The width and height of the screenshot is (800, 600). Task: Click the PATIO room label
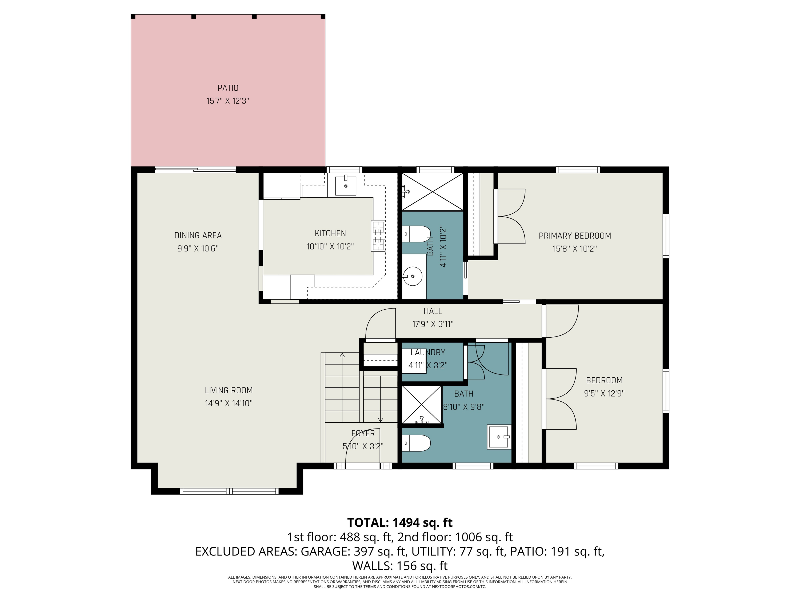click(228, 88)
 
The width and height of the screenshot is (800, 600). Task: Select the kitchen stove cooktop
click(378, 236)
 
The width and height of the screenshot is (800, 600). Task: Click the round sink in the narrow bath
click(413, 276)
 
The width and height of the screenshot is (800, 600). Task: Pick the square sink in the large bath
click(499, 437)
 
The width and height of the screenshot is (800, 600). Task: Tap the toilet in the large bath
click(416, 443)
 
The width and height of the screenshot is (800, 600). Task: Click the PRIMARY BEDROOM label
click(575, 236)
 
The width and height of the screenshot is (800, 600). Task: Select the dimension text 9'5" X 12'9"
click(604, 394)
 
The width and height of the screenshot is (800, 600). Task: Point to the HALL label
click(433, 311)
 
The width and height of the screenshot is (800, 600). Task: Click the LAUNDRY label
click(428, 352)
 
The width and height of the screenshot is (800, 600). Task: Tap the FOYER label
click(363, 433)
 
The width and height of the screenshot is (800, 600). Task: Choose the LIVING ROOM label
click(229, 390)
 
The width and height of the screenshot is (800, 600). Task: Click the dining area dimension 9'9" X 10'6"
click(198, 249)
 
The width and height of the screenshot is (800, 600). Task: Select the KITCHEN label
click(330, 233)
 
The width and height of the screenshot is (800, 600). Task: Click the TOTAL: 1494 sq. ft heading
click(400, 523)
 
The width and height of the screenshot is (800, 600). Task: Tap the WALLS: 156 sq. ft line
click(400, 566)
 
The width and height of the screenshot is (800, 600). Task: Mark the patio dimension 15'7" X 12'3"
click(228, 101)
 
